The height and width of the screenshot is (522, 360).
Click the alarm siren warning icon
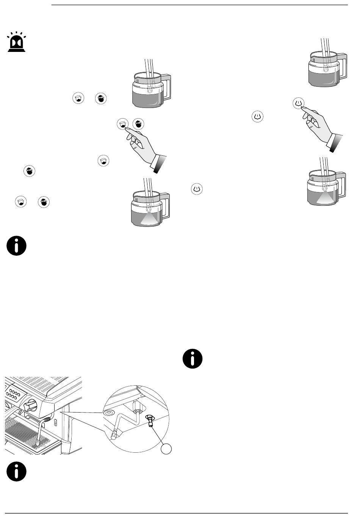(x=16, y=42)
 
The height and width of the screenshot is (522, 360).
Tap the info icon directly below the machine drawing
(x=16, y=471)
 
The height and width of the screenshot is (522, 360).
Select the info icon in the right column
(x=192, y=358)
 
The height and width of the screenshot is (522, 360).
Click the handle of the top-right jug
(x=343, y=67)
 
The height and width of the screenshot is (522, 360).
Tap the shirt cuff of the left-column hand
(x=159, y=163)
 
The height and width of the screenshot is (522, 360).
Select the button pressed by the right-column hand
(x=299, y=103)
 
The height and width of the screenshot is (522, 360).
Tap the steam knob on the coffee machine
(x=29, y=406)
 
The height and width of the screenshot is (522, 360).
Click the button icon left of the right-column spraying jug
(x=197, y=188)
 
